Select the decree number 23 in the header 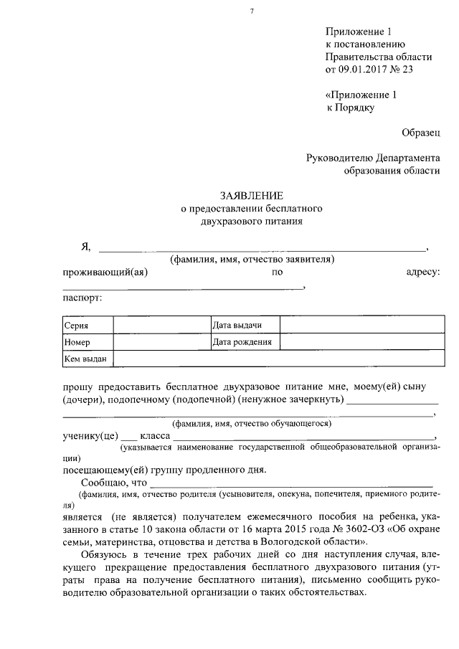pos(408,70)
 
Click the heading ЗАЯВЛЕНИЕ pos(251,196)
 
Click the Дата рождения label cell pos(242,342)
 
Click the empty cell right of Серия pos(161,326)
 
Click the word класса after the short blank pos(154,436)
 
